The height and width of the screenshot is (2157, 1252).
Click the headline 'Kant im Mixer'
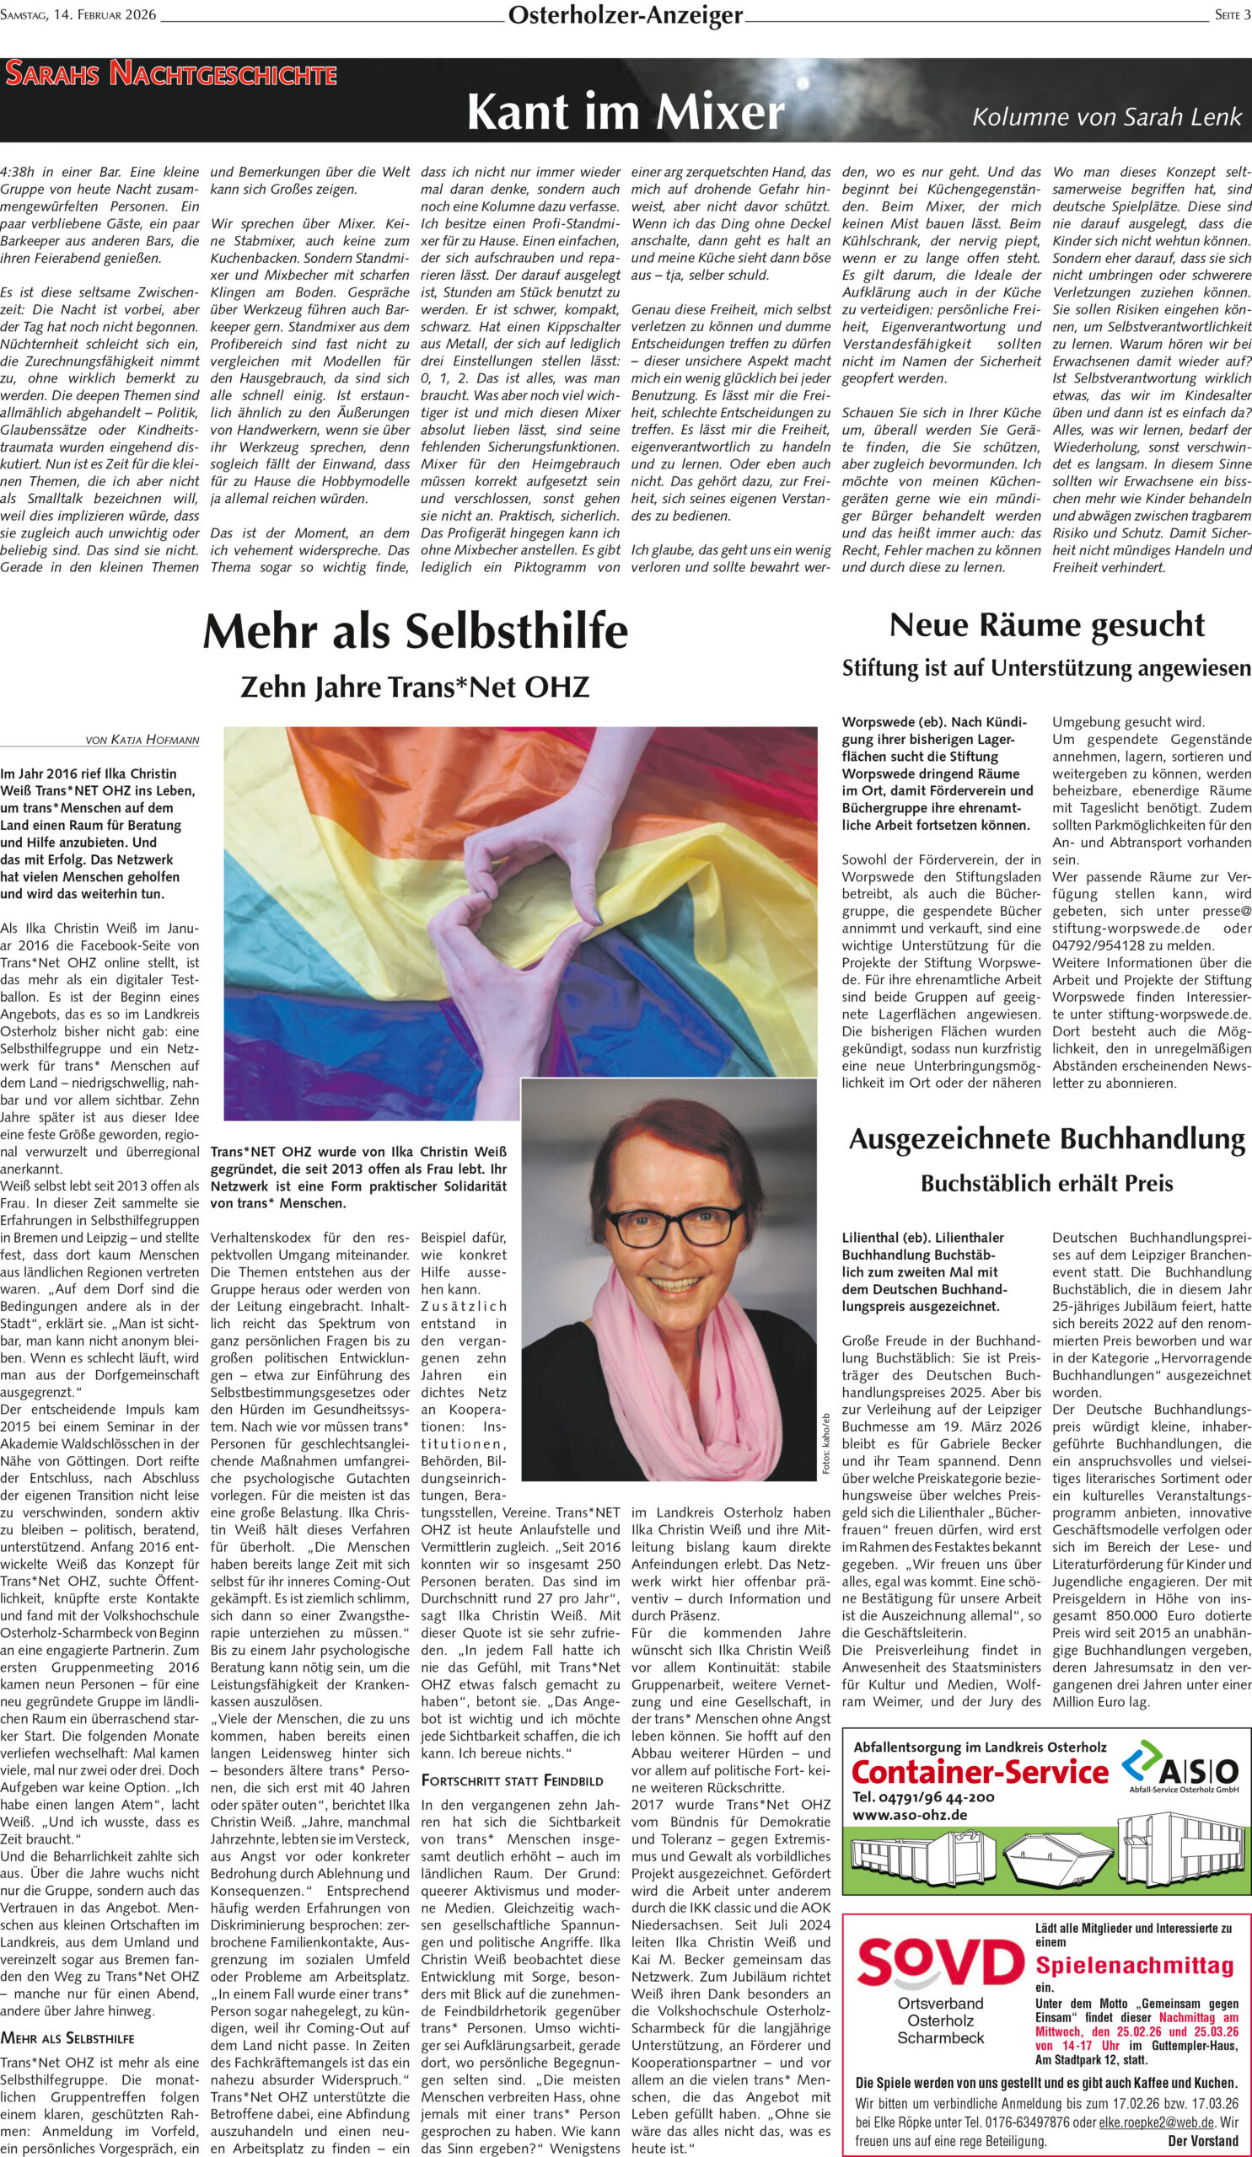625,112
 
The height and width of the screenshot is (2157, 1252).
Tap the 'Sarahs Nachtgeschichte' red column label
170,75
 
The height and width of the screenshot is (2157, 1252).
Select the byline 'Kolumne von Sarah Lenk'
1105,116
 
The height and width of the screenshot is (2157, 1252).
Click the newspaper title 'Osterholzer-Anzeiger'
625,14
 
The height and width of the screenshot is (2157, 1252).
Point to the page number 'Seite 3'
1233,14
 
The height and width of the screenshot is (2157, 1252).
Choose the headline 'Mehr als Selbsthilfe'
416,632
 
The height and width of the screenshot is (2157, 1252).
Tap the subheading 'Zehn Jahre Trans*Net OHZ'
416,687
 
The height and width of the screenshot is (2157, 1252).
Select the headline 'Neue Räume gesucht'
1046,625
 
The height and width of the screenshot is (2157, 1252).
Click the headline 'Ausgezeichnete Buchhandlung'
1046,1138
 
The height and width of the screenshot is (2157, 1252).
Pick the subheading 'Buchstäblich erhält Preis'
1046,1184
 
